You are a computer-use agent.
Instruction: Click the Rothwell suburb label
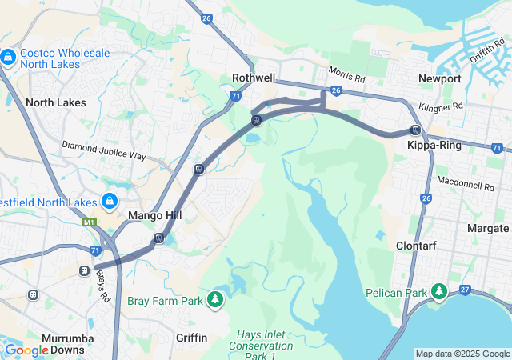point(254,78)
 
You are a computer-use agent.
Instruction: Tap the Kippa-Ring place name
point(432,146)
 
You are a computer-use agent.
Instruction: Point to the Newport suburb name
point(439,78)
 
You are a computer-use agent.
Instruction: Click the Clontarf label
point(416,246)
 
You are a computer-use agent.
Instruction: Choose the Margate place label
point(487,228)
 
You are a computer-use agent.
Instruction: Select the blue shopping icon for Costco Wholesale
point(9,58)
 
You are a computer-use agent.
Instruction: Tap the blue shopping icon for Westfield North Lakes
point(110,201)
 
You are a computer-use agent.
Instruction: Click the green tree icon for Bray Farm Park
point(214,300)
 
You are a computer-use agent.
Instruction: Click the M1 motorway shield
point(88,222)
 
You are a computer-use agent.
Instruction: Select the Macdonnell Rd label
point(465,186)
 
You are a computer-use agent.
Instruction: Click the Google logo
point(26,350)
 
